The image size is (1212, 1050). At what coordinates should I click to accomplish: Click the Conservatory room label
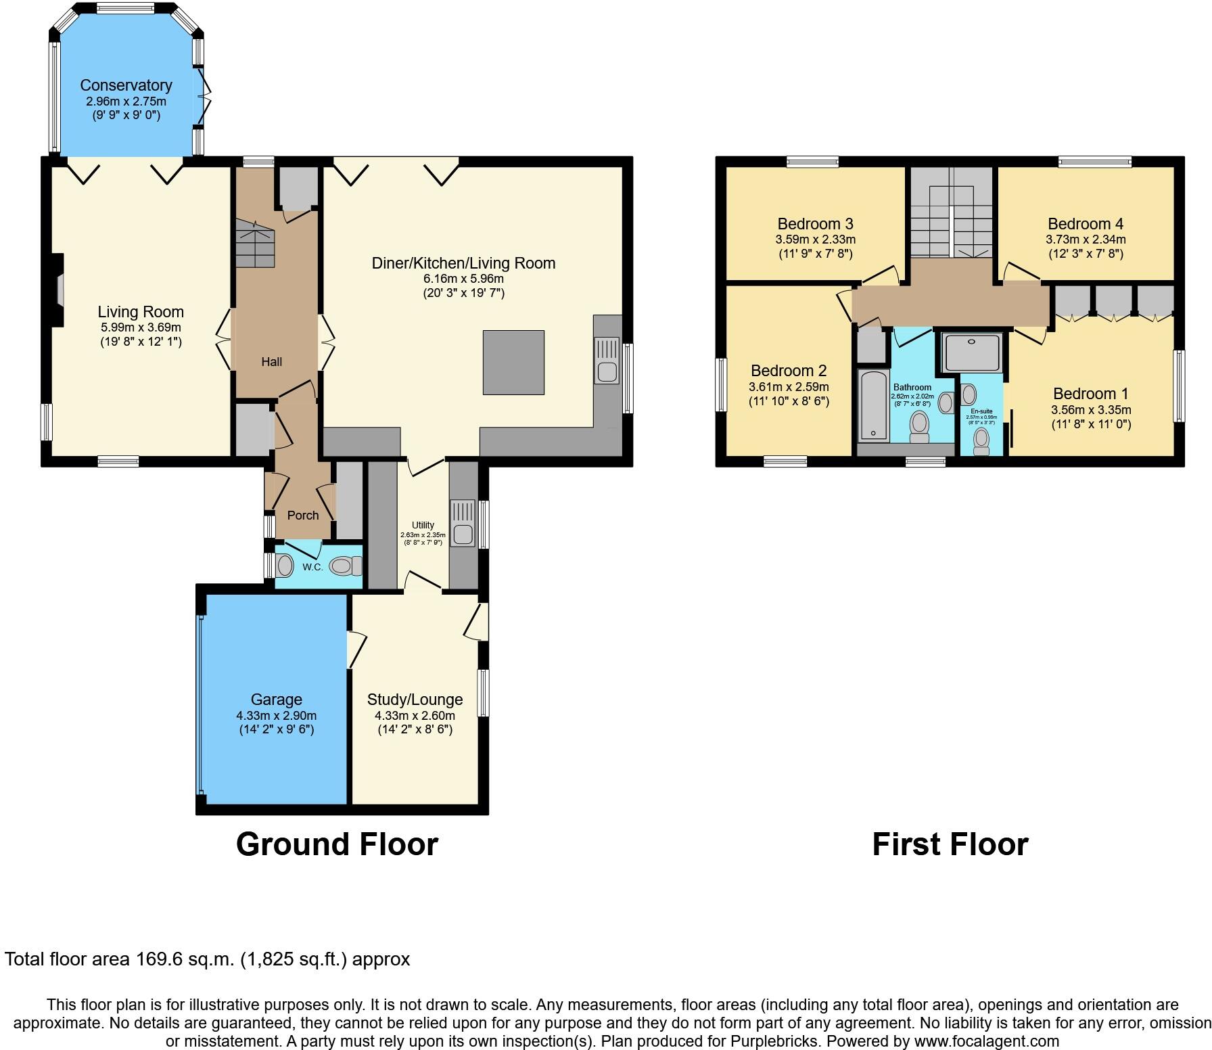(x=126, y=85)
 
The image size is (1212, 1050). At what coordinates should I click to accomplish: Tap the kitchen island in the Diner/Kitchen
(x=513, y=362)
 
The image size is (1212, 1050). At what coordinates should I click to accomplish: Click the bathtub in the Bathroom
(x=874, y=405)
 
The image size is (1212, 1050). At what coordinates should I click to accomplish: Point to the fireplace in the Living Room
(x=59, y=290)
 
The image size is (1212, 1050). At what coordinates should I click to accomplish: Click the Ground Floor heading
(x=337, y=844)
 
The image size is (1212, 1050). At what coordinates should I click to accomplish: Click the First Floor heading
(x=950, y=844)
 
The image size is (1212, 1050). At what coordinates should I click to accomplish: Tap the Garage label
(x=276, y=700)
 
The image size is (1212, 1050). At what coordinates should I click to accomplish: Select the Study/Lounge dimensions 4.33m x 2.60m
(x=415, y=715)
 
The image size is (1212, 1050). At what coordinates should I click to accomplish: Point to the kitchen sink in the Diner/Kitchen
(x=607, y=361)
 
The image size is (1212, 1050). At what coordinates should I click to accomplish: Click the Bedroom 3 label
(x=815, y=224)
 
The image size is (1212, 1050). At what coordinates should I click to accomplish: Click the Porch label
(x=302, y=516)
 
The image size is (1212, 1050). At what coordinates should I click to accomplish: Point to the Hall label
(x=271, y=362)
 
